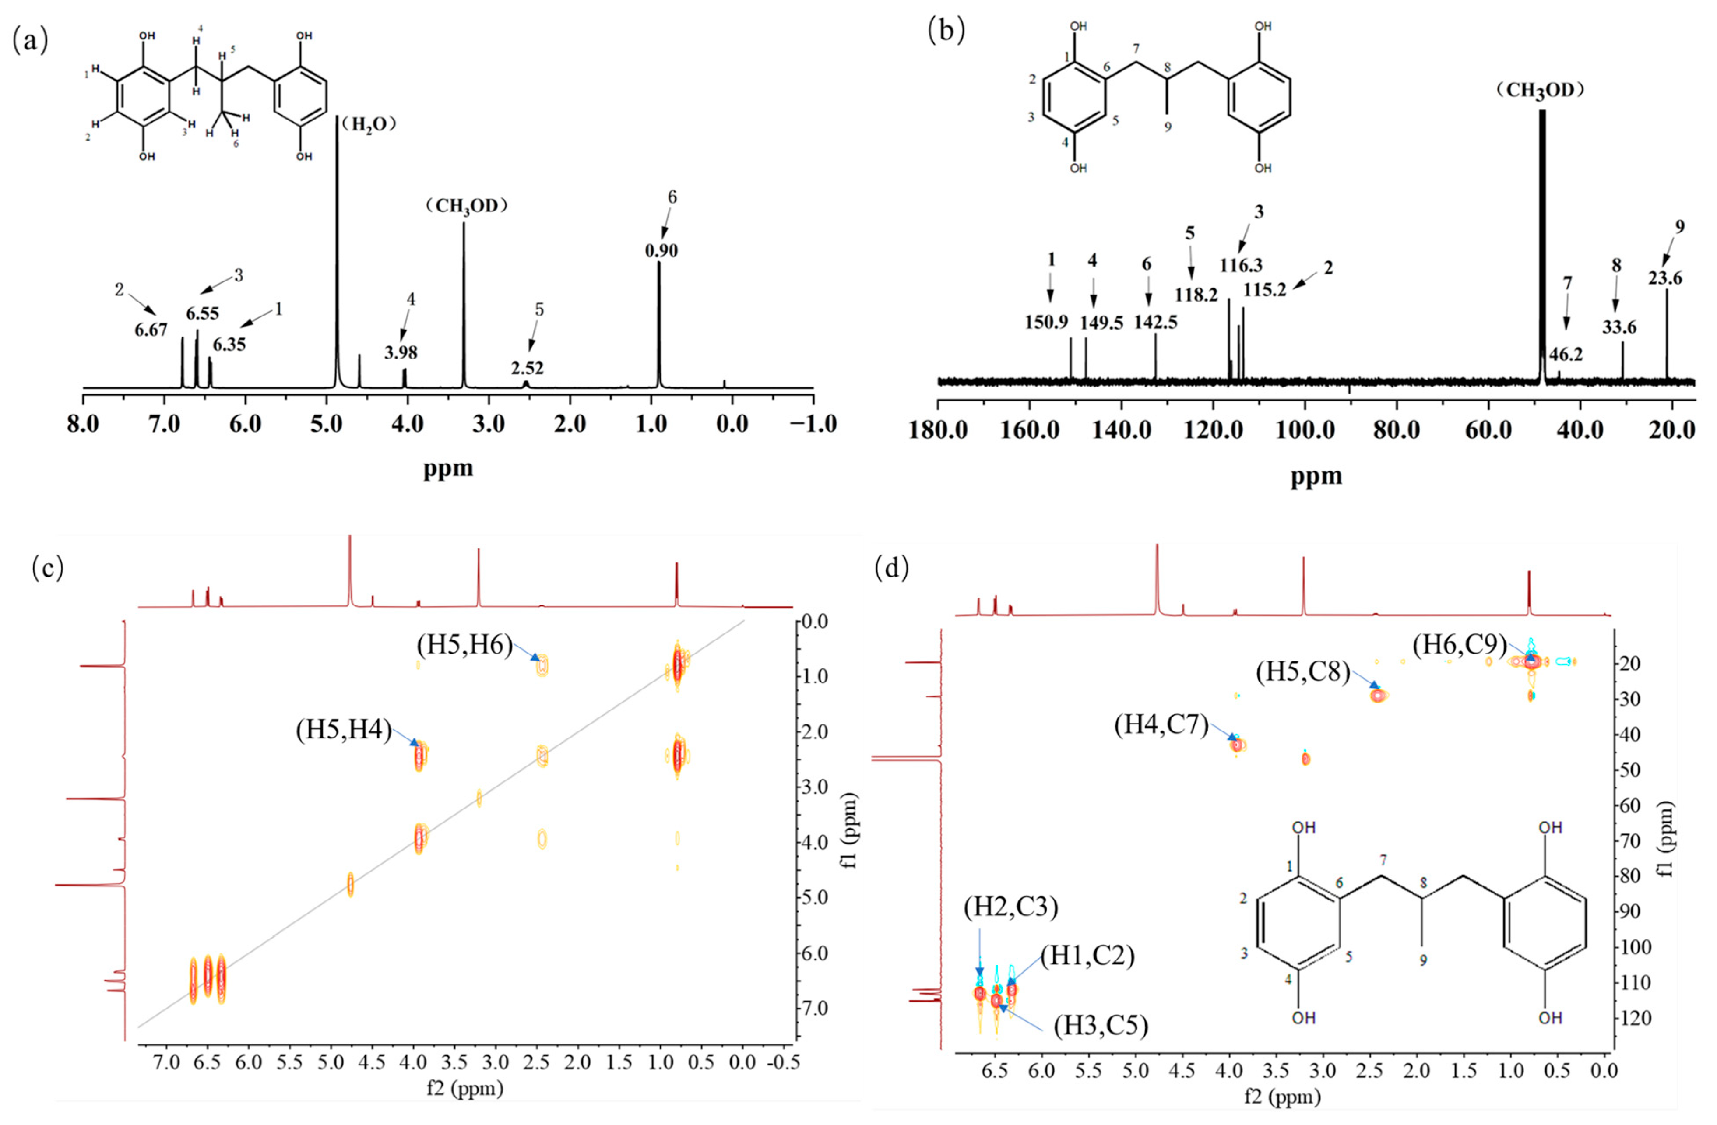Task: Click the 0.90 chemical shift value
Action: click(x=661, y=251)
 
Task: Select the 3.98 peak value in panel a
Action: click(x=401, y=353)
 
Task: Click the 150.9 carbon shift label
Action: click(x=1046, y=322)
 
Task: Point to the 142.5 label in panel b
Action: click(x=1156, y=322)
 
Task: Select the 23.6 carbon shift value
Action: click(x=1665, y=278)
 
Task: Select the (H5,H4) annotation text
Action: click(x=343, y=731)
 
